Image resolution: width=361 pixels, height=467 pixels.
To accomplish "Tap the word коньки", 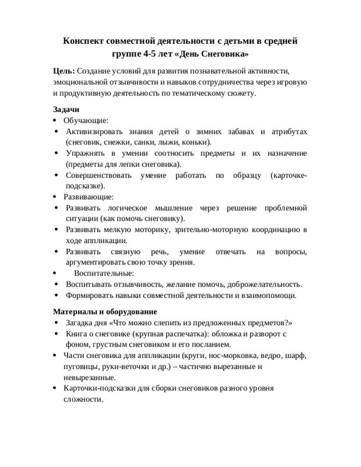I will pos(197,142).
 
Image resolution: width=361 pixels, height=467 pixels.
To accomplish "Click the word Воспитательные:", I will pos(104,273).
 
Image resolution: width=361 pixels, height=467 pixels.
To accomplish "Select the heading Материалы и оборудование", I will pos(105,312).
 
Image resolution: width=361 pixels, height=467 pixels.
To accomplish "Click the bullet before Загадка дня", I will pos(55,323).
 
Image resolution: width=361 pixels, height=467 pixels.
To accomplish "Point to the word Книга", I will pos(78,334).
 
